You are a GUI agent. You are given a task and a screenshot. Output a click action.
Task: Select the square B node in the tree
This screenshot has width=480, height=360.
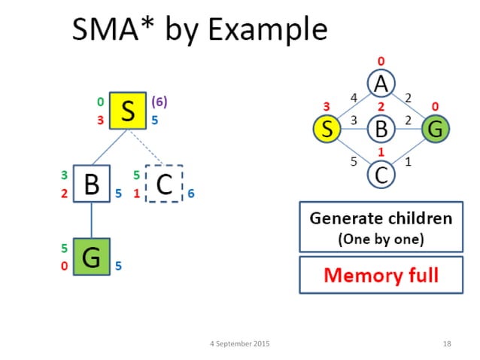tap(92, 184)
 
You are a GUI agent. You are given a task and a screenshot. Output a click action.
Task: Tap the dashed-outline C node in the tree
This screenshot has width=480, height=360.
tap(165, 184)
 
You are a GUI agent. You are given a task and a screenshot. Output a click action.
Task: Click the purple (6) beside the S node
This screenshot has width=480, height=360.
tap(159, 100)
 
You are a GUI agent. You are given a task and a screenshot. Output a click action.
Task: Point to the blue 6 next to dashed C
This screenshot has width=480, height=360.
tap(191, 194)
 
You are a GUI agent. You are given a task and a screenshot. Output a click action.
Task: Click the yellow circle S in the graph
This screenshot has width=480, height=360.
tap(327, 130)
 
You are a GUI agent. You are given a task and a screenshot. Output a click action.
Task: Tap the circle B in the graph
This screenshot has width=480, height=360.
tap(381, 130)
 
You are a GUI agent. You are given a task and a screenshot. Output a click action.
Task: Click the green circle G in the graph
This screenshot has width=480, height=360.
tap(435, 130)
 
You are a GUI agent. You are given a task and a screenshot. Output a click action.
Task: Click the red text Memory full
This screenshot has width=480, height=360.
tap(380, 275)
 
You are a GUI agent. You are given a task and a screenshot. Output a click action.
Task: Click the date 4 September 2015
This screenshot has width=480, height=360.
tap(239, 343)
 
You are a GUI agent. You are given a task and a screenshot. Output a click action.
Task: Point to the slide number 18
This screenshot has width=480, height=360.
tap(447, 343)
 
